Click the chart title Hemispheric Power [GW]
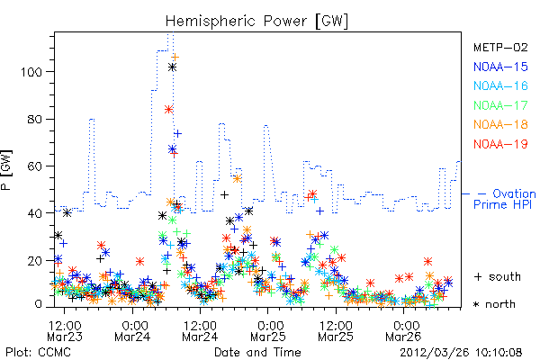(x=256, y=22)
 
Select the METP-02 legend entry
(x=500, y=48)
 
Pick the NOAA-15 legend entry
(x=500, y=67)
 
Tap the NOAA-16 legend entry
(x=500, y=85)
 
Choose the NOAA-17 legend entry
(x=500, y=105)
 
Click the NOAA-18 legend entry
(x=500, y=124)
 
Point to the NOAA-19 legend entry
(x=500, y=144)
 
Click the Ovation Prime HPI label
(x=505, y=199)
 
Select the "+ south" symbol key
(x=498, y=276)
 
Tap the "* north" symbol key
(x=494, y=304)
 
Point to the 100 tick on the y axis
(x=31, y=72)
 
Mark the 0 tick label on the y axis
(x=38, y=304)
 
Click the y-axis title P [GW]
(x=6, y=170)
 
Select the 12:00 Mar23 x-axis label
(x=65, y=331)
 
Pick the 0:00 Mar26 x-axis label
(x=403, y=331)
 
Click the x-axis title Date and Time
(x=257, y=353)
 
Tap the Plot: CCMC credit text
(x=38, y=353)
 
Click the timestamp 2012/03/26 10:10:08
(x=461, y=353)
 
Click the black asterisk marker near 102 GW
(x=172, y=67)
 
